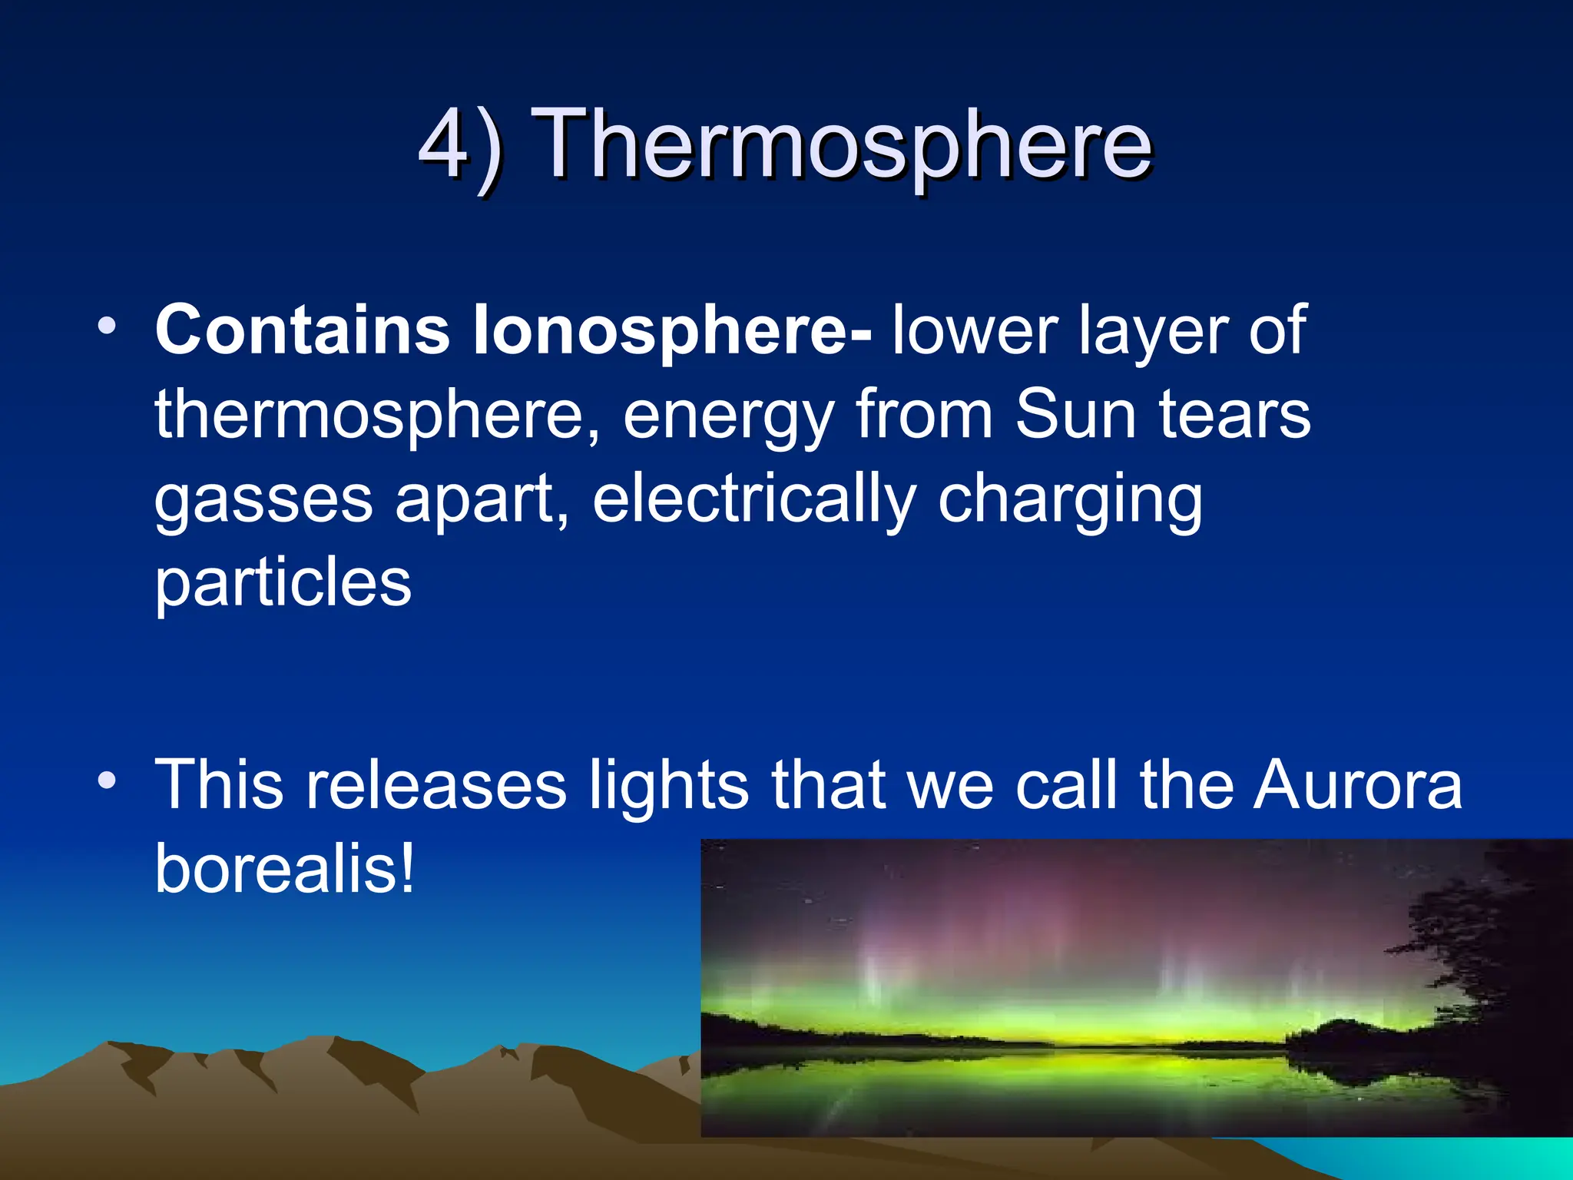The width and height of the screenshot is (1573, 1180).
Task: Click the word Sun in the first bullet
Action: pos(1075,415)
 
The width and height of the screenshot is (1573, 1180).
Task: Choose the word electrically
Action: pos(753,499)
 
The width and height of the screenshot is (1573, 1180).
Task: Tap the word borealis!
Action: pos(284,868)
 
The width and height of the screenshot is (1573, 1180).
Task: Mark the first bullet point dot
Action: pos(107,326)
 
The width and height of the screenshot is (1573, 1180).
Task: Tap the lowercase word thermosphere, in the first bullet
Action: pos(376,415)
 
